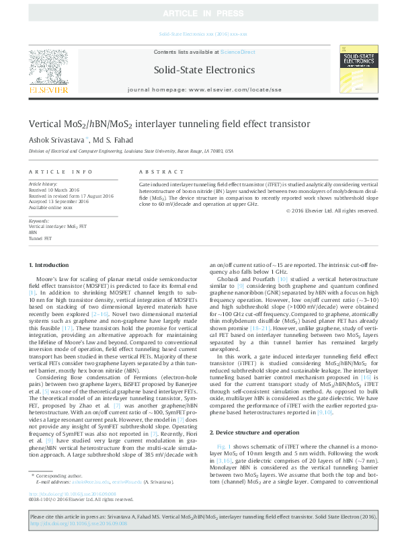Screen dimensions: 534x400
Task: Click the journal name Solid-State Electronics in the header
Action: point(204,70)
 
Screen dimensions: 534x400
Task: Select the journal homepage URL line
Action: point(204,89)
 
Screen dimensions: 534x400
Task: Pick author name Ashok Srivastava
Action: point(56,139)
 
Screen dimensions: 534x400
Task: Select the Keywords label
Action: point(39,221)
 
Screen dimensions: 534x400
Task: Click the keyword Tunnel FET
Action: point(40,238)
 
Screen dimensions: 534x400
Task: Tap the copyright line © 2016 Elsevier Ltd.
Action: point(331,211)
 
